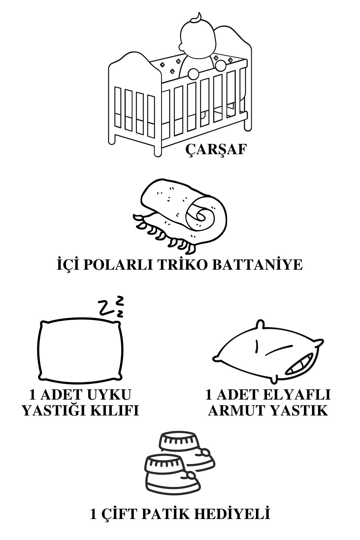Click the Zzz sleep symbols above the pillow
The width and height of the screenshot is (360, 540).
(112, 307)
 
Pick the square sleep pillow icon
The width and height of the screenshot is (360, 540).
(81, 351)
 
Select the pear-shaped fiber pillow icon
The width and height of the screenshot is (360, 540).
(271, 351)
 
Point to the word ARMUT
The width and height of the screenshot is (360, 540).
(237, 411)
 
